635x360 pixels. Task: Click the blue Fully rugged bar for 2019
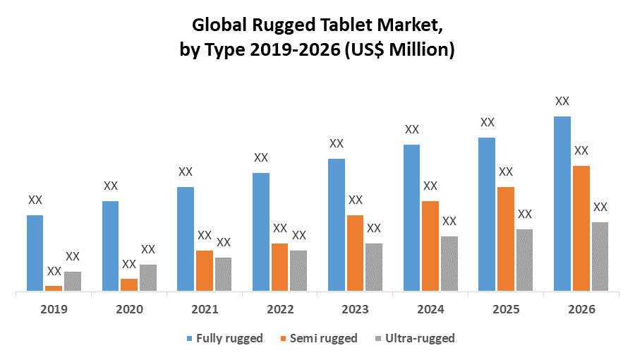(35, 253)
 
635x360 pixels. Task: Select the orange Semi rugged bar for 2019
(54, 288)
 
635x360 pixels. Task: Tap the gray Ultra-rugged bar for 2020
(148, 277)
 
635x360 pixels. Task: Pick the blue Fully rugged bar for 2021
(186, 239)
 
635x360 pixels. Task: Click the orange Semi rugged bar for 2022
(280, 267)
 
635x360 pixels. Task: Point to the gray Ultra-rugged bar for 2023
(374, 267)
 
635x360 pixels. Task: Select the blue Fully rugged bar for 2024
(412, 217)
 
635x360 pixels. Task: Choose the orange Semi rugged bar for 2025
(506, 239)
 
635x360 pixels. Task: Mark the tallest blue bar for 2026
(562, 203)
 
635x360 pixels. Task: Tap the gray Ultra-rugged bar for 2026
(600, 256)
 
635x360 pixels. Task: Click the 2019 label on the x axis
(54, 309)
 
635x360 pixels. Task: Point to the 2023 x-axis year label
(356, 309)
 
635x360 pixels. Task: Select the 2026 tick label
(581, 309)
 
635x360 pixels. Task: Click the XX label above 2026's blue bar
(562, 101)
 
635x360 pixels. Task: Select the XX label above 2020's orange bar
(129, 264)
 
